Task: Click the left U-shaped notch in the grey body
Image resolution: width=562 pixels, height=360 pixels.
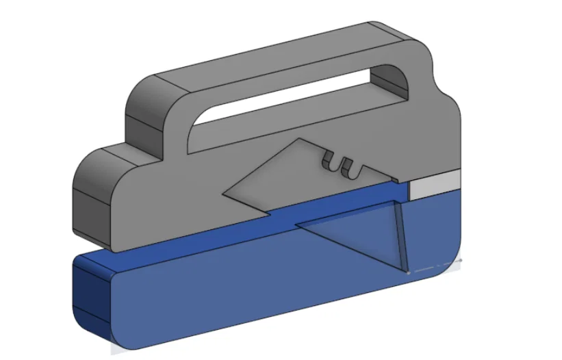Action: point(329,163)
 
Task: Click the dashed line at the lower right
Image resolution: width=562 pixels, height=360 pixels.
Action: point(435,266)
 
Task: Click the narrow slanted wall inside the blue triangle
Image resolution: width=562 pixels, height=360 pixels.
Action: point(400,236)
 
